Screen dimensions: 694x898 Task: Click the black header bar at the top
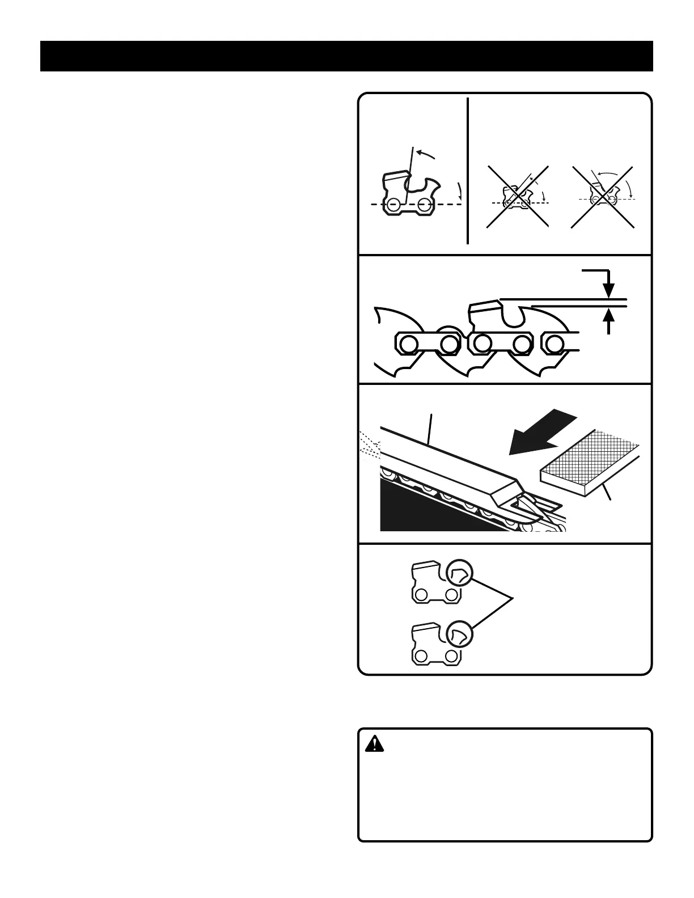[346, 56]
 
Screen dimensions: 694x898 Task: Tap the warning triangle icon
[374, 744]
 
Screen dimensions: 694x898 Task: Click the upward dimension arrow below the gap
[608, 321]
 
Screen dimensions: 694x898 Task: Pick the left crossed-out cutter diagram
[517, 197]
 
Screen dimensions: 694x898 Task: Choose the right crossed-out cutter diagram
[602, 197]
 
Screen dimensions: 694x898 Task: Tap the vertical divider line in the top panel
[468, 170]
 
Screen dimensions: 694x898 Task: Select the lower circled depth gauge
[459, 636]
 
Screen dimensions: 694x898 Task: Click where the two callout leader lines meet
[513, 599]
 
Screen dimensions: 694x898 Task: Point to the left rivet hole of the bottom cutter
[421, 656]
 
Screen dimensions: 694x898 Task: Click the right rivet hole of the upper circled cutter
[451, 595]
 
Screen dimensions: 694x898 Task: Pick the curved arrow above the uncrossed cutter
[425, 154]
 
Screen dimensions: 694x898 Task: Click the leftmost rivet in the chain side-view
[408, 343]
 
